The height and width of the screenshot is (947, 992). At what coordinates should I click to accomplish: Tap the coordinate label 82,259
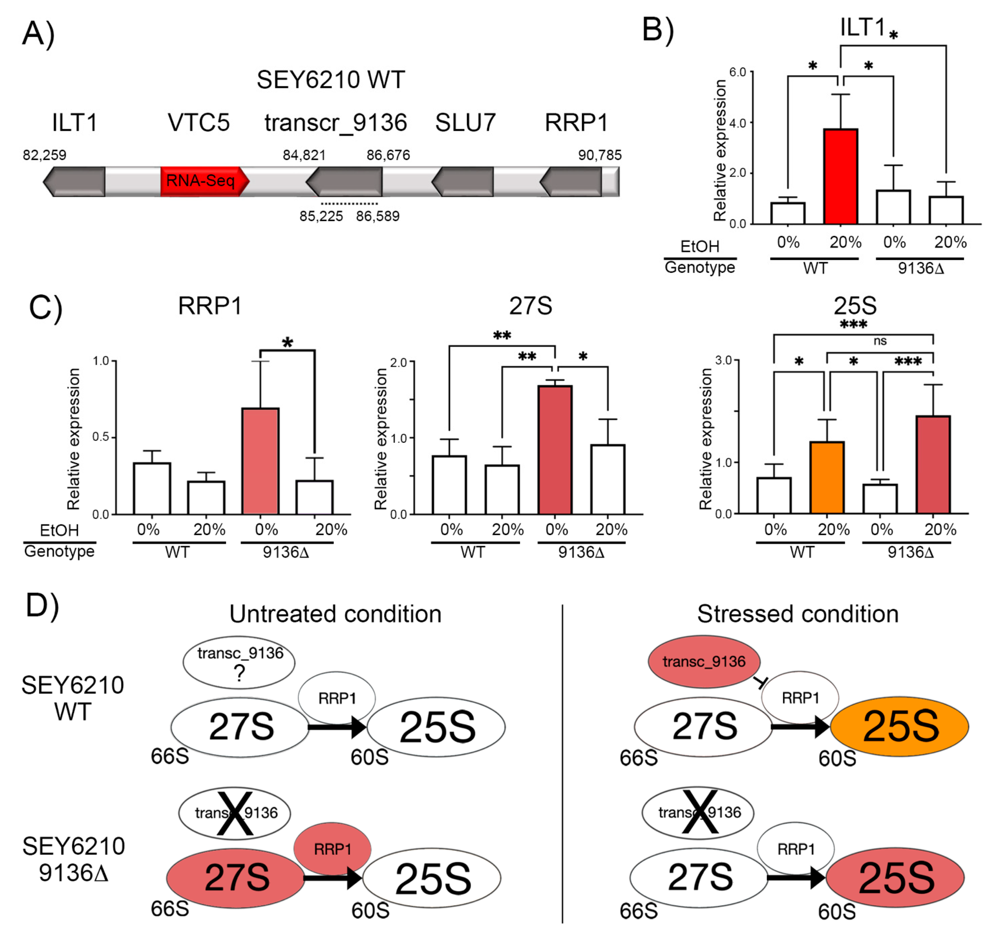[x=44, y=155]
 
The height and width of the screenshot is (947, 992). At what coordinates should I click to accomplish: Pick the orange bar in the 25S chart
[x=827, y=477]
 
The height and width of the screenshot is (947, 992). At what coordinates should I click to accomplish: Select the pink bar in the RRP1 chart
[x=260, y=460]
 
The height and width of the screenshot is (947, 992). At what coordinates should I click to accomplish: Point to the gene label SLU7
[x=465, y=123]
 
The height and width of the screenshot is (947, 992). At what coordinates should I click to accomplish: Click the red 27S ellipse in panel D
[x=236, y=877]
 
